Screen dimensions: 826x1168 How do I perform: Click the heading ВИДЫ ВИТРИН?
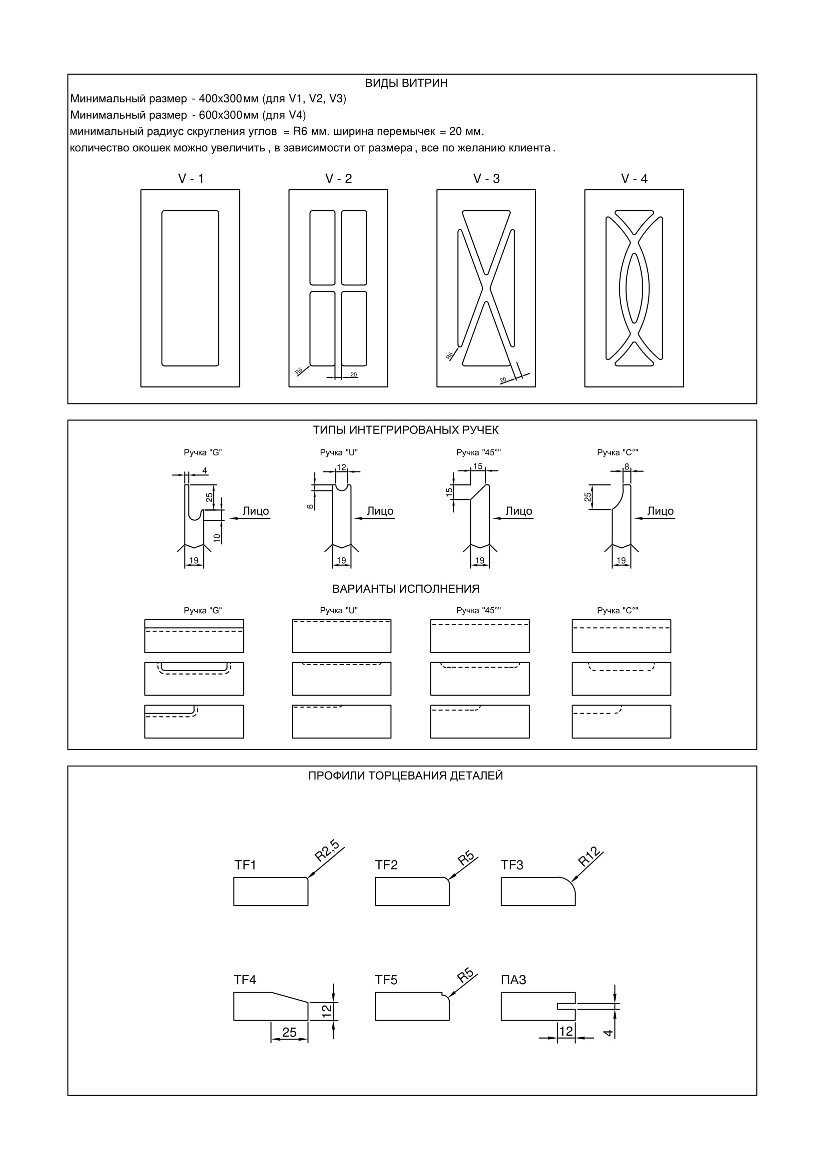(406, 83)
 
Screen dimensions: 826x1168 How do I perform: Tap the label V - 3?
(486, 179)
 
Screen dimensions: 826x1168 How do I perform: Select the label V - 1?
(190, 179)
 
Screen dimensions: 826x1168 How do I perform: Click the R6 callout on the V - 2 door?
(299, 371)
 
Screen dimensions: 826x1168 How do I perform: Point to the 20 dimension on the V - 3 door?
(503, 380)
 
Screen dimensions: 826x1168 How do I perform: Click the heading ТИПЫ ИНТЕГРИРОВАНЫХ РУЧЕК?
(406, 430)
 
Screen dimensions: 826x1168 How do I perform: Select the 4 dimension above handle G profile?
(204, 470)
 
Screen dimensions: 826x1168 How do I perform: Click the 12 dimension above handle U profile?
(341, 467)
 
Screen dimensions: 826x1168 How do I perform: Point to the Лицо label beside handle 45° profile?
(519, 511)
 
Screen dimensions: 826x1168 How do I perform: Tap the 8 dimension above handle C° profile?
(627, 466)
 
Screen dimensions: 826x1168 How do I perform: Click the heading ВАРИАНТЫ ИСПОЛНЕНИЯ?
(406, 589)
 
